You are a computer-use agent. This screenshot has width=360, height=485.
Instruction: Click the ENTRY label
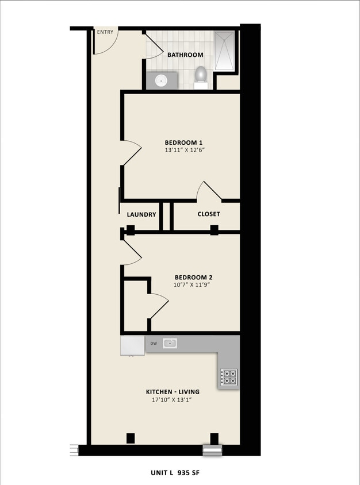(105, 32)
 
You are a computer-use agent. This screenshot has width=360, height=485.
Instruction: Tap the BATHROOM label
(185, 55)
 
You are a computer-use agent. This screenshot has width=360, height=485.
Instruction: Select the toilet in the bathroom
(201, 75)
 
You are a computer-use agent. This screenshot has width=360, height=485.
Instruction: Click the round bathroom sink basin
(162, 81)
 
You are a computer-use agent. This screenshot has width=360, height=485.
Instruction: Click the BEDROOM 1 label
(184, 143)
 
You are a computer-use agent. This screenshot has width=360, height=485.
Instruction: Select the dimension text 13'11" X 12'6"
(184, 151)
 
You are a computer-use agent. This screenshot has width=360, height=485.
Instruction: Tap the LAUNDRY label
(141, 214)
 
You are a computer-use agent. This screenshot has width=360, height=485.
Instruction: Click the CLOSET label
(209, 214)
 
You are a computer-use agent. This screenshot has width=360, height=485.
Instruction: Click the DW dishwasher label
(154, 344)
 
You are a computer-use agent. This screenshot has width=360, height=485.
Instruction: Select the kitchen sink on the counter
(170, 344)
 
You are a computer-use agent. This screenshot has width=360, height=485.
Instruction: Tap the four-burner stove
(229, 377)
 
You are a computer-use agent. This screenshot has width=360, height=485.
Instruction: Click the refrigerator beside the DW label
(132, 345)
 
